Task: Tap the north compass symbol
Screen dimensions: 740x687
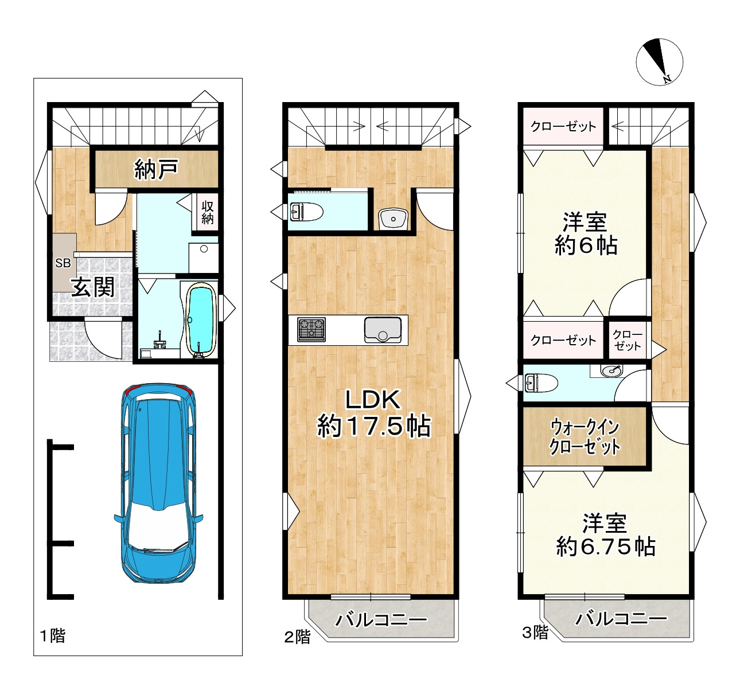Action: [x=659, y=62]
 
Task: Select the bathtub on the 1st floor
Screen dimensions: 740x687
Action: [x=201, y=320]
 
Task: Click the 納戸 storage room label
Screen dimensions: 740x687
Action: [x=156, y=170]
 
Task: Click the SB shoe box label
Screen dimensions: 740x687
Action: [x=63, y=263]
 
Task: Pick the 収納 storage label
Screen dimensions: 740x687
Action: [x=208, y=212]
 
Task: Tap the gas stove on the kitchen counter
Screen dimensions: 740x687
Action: [x=311, y=329]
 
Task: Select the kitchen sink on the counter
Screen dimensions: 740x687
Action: [x=383, y=330]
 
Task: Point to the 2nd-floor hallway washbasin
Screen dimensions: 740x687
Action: [x=393, y=218]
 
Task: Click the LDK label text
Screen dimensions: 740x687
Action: [x=373, y=400]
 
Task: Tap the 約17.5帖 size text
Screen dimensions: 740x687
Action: [x=374, y=426]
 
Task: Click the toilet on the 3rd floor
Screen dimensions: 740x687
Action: [x=541, y=382]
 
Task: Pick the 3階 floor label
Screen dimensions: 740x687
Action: [x=535, y=633]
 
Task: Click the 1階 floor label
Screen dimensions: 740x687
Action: [x=53, y=635]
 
